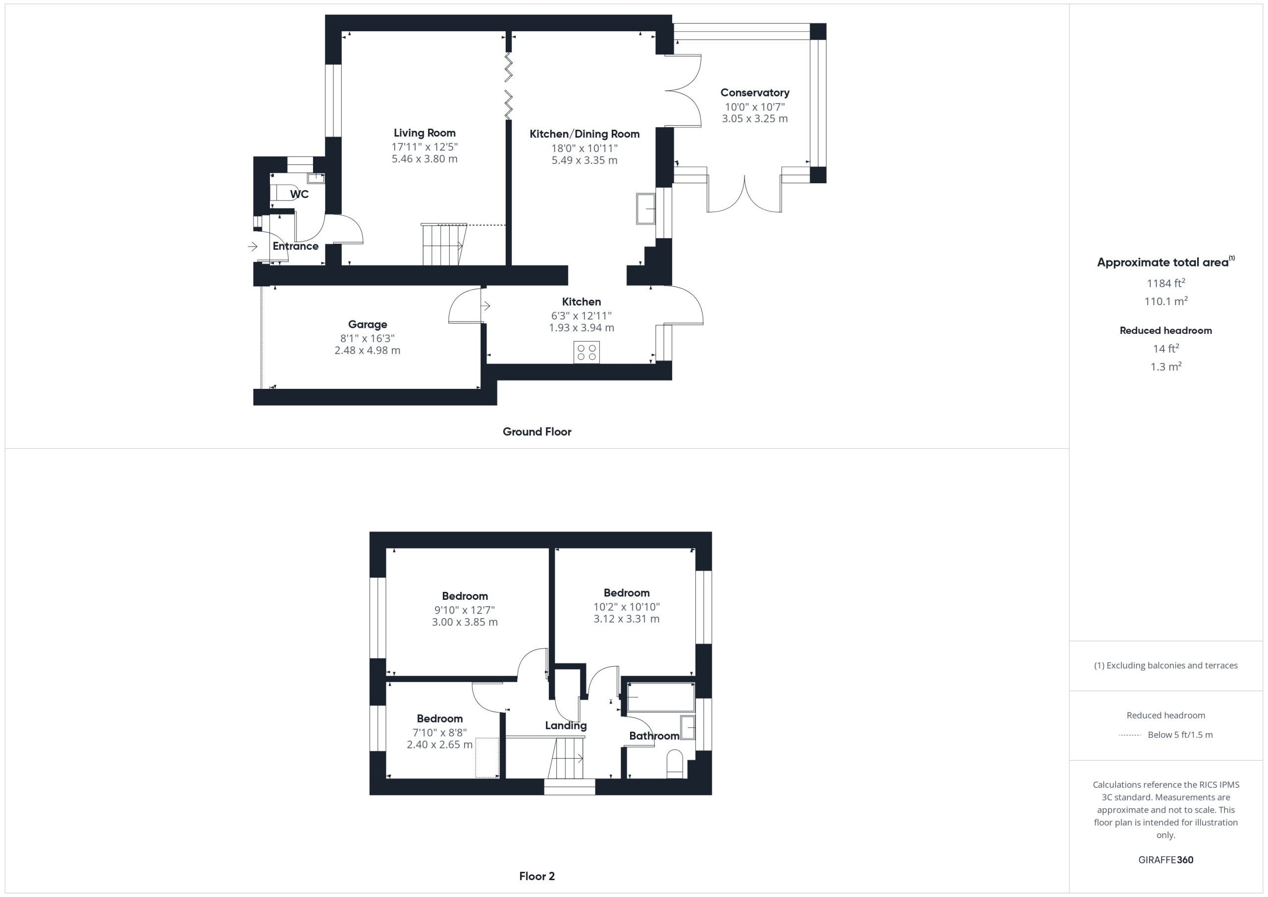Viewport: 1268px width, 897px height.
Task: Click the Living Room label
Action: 424,133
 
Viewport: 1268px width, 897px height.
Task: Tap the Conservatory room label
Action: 754,93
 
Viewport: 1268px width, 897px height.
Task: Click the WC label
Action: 299,195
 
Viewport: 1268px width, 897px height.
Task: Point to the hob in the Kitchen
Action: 586,352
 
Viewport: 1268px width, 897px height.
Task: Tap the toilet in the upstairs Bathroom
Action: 675,764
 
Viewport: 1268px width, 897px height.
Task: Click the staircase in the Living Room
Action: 444,244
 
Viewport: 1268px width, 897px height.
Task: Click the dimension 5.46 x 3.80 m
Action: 424,159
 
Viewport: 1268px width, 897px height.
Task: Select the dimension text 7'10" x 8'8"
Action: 440,733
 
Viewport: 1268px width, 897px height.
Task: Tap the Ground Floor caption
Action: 537,432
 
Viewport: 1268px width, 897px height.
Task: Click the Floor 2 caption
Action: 537,876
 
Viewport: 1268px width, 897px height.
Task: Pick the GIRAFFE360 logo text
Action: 1166,859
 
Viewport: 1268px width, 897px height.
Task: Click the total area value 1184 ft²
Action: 1166,283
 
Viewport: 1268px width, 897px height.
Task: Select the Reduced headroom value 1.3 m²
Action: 1166,366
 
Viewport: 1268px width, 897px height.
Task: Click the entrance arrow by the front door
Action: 253,246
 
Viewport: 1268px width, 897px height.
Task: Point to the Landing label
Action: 566,726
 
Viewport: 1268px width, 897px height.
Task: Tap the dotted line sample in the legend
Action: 1129,735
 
